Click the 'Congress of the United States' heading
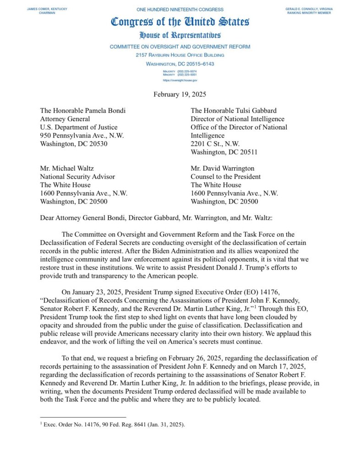180,22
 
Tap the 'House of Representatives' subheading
180,35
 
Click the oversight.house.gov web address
180,80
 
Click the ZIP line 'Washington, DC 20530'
74,143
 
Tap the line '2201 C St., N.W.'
216,143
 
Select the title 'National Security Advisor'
77,177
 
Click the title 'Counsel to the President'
226,177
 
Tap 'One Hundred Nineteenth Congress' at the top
180,9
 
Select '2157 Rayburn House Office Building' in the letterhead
180,55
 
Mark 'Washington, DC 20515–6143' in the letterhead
180,64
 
